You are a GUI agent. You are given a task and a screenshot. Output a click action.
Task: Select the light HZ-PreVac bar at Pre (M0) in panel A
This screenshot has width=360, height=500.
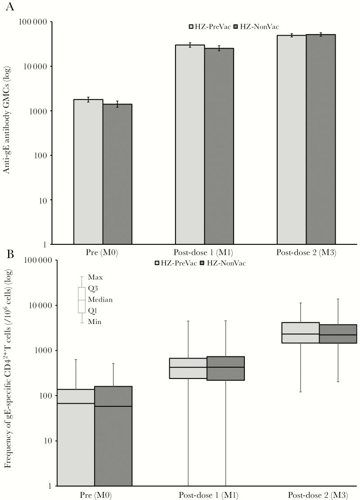click(88, 171)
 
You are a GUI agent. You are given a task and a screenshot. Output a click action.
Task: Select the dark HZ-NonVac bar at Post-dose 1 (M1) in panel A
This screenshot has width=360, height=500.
click(219, 146)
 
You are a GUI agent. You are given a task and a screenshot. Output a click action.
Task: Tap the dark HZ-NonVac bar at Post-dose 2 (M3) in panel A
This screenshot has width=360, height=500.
click(320, 140)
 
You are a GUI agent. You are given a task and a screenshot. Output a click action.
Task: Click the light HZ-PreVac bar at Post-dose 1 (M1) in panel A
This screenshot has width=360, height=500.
click(190, 144)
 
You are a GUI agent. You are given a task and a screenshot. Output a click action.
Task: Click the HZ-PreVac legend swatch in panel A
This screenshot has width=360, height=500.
click(191, 27)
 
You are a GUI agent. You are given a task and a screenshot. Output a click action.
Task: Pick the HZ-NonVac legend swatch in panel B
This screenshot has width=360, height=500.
click(202, 262)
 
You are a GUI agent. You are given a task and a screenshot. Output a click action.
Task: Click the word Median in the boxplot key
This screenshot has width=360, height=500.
click(100, 299)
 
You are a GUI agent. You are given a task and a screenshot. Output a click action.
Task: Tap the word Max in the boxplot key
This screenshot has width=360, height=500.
click(95, 277)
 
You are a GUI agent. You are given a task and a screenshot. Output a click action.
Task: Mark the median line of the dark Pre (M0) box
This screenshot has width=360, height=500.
click(113, 406)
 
